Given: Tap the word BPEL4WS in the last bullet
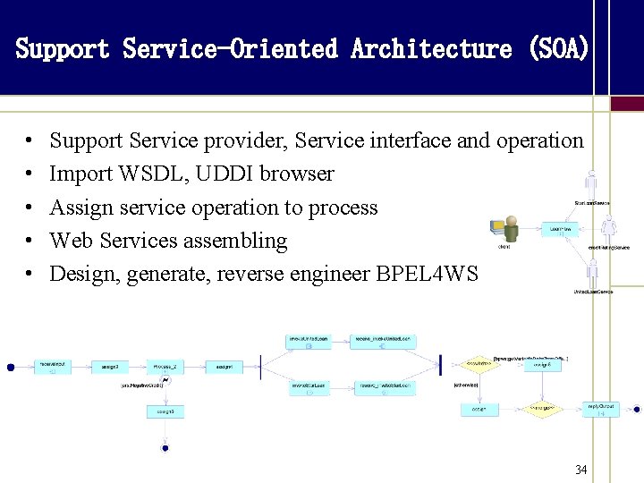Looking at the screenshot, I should pyautogui.click(x=435, y=274).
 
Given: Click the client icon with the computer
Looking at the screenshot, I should pyautogui.click(x=508, y=230).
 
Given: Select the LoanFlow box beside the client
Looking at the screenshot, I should pyautogui.click(x=559, y=230).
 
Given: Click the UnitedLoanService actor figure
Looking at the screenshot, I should pyautogui.click(x=591, y=274).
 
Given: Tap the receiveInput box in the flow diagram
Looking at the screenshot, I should pyautogui.click(x=54, y=366).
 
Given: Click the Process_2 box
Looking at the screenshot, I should pyautogui.click(x=166, y=366).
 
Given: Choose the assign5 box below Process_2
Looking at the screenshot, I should pyautogui.click(x=166, y=411).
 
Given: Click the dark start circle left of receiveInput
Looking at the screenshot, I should pyautogui.click(x=11, y=366).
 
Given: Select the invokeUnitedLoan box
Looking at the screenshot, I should pyautogui.click(x=308, y=341).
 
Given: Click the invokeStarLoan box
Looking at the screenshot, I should pyautogui.click(x=308, y=387).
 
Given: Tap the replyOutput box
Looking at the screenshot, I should pyautogui.click(x=600, y=410).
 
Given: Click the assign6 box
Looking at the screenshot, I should pyautogui.click(x=542, y=365).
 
